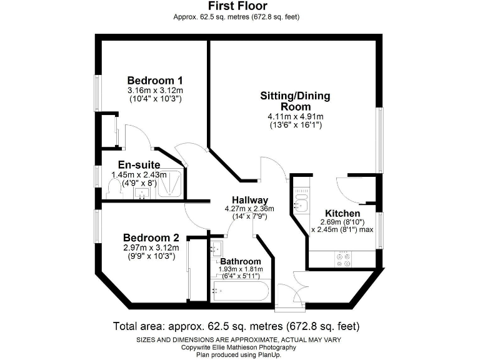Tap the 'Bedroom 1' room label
pyautogui.click(x=155, y=81)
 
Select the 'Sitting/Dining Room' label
pyautogui.click(x=295, y=101)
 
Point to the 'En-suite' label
pyautogui.click(x=139, y=165)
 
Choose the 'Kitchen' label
pyautogui.click(x=342, y=213)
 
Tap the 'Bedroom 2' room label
pyautogui.click(x=151, y=237)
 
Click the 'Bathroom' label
pyautogui.click(x=241, y=261)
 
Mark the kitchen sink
pyautogui.click(x=300, y=203)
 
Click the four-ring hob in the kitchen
pyautogui.click(x=343, y=259)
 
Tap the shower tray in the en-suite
pyautogui.click(x=171, y=184)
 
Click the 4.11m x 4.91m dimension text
pyautogui.click(x=295, y=116)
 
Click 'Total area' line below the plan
pyautogui.click(x=236, y=326)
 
